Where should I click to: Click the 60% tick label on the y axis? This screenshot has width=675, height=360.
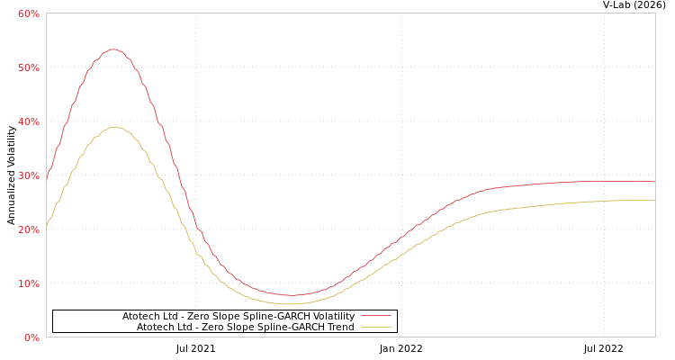click(28, 13)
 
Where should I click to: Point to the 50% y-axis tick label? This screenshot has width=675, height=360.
click(28, 67)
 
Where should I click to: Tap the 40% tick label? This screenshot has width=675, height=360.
click(28, 121)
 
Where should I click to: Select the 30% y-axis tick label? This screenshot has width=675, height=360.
click(28, 175)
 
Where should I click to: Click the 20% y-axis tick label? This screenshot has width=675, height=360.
click(28, 229)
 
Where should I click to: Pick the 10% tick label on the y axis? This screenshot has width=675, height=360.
click(28, 283)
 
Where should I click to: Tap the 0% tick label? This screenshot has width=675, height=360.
click(31, 337)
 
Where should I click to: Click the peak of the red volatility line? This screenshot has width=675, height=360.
click(112, 49)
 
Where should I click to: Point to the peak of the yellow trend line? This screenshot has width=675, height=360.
click(114, 127)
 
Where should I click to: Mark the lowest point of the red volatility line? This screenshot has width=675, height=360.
click(291, 295)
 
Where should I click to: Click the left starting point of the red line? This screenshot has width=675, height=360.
click(47, 177)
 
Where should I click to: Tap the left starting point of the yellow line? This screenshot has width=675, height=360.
click(47, 224)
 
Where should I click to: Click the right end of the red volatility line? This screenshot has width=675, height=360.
click(654, 182)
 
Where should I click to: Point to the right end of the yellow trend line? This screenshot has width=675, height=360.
click(654, 201)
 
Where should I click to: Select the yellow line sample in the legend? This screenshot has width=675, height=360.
click(375, 328)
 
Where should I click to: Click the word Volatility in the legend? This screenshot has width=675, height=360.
click(334, 317)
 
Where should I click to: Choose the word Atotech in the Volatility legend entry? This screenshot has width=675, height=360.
click(142, 317)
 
